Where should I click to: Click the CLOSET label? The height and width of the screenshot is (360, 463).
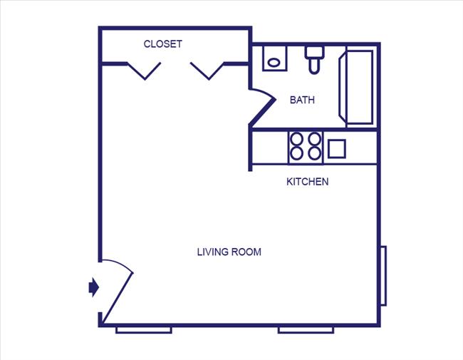[163, 44]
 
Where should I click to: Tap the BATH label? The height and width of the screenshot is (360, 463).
[302, 100]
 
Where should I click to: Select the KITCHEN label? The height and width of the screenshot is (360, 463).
[307, 182]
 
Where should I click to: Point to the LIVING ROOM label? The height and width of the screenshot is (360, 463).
[229, 252]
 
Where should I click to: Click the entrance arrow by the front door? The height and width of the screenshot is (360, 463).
[93, 287]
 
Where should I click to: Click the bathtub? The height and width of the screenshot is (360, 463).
[360, 86]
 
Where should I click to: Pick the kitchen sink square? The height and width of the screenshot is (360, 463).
[337, 148]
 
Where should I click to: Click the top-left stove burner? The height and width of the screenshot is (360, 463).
[296, 139]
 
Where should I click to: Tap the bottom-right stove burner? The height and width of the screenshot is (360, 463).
[313, 153]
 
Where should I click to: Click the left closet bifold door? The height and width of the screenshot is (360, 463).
[145, 70]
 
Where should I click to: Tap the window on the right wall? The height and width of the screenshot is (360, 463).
[383, 275]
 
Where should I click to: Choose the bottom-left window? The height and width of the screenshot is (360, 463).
[144, 329]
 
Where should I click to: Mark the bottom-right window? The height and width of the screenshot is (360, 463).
[306, 329]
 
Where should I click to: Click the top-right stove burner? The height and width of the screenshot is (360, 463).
[313, 139]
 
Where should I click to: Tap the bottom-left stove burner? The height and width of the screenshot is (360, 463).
[296, 153]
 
